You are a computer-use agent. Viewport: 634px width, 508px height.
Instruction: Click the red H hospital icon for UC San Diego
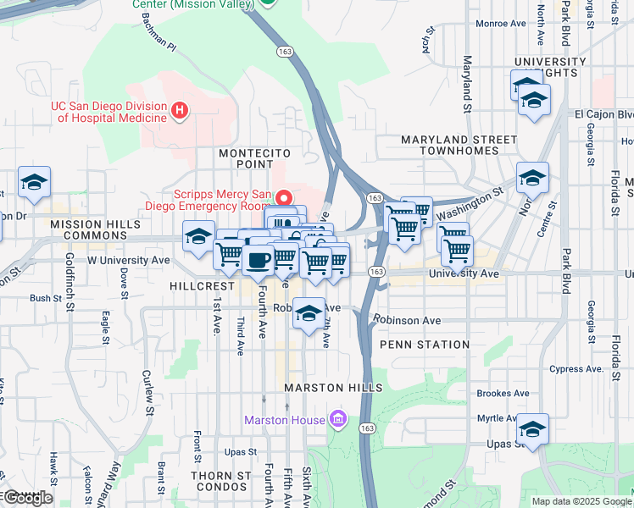click(179, 110)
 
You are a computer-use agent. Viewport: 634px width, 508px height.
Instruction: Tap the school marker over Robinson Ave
click(309, 313)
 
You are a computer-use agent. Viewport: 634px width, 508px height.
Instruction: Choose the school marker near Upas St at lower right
click(533, 428)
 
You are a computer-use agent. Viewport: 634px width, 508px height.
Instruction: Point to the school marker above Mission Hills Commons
click(35, 182)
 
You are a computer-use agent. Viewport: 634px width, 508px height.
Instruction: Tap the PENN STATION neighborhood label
click(425, 345)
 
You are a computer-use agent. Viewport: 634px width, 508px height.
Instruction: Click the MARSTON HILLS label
click(333, 388)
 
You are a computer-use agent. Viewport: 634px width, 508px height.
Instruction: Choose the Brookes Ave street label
click(503, 394)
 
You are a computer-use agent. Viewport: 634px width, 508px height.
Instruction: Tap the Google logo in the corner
click(27, 498)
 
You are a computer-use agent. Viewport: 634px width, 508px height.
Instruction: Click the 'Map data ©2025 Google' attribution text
click(581, 501)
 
